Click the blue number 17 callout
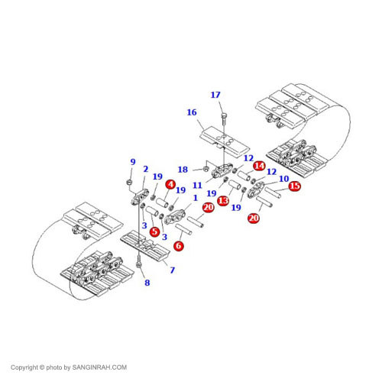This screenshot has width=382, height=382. (215, 95)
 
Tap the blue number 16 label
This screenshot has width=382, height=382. (192, 112)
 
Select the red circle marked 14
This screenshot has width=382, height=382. (259, 166)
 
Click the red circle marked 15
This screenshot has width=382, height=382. (295, 186)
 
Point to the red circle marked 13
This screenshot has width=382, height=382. (223, 201)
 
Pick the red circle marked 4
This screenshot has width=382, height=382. (170, 184)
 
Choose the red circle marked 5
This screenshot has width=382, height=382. (154, 231)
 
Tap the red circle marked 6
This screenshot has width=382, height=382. (179, 245)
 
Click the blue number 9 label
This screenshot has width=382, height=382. (133, 162)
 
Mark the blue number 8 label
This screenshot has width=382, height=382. (147, 283)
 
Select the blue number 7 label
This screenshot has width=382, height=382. (173, 270)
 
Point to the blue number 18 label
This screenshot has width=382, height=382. (183, 170)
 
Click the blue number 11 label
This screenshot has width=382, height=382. (197, 185)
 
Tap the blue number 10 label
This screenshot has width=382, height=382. (284, 179)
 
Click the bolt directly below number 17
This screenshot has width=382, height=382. (224, 119)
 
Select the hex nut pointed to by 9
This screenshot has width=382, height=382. (129, 182)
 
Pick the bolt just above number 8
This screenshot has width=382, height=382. (139, 261)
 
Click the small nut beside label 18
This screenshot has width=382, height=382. (206, 169)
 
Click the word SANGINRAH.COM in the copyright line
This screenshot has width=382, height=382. (99, 367)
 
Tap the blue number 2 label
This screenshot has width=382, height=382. (145, 169)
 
